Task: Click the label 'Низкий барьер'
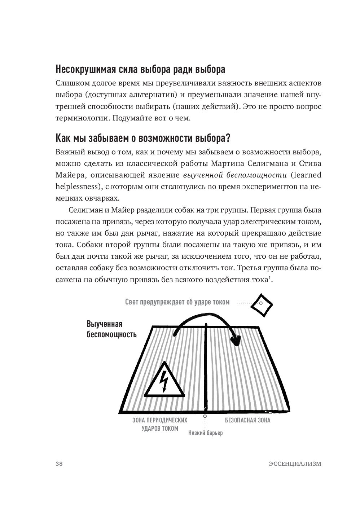click(205, 433)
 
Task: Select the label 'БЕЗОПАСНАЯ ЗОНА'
click(247, 420)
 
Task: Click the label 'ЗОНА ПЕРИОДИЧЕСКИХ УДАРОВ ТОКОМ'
click(160, 425)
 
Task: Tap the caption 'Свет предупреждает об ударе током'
click(177, 302)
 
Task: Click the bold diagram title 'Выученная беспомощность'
click(111, 329)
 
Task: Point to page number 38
click(60, 464)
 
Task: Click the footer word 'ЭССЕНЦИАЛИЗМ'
click(295, 464)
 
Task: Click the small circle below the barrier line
click(205, 416)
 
